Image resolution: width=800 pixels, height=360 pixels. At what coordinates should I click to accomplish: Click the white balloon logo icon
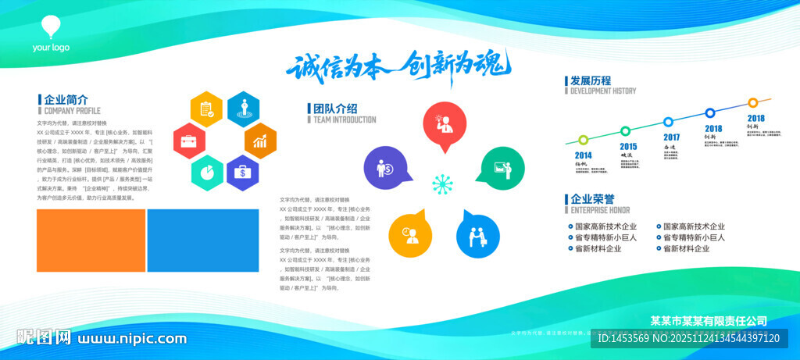coord(51,27)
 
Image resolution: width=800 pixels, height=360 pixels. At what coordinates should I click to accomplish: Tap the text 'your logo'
coord(51,48)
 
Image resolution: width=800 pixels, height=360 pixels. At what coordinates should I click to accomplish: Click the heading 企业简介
coord(66,100)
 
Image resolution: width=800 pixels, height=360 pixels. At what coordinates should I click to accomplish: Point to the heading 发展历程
coord(591,80)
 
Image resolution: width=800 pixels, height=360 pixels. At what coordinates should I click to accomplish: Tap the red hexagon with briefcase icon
coord(188,141)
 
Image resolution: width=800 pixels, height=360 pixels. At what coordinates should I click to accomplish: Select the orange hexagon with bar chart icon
coord(260,141)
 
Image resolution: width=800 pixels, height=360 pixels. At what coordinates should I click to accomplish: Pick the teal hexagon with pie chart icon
coord(208,173)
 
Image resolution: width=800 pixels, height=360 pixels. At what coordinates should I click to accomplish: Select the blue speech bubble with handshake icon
coord(477,233)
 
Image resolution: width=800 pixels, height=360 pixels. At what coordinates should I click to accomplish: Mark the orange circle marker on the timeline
coord(752,102)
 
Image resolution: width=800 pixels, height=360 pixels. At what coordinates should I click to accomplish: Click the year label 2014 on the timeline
coord(584,155)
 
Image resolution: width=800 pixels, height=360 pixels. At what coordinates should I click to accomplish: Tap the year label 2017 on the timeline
coord(671,137)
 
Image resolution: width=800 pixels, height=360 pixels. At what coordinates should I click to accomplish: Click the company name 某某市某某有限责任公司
coord(709,321)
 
